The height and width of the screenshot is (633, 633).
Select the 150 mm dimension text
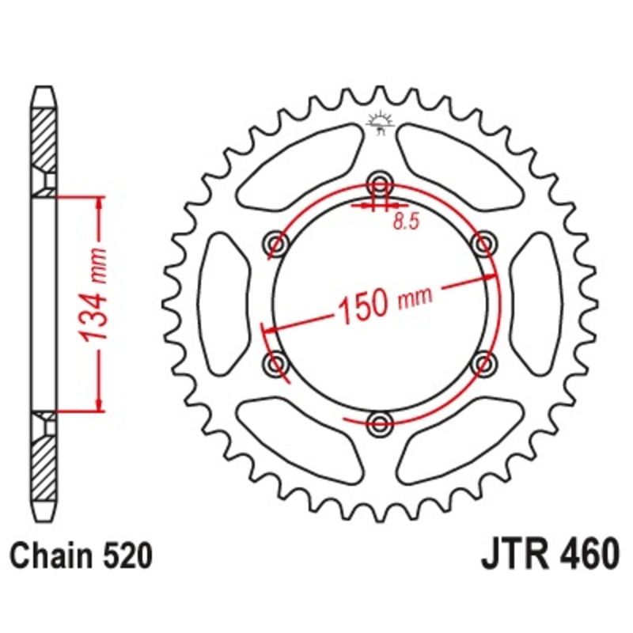(385, 302)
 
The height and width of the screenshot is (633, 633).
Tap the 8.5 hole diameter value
(404, 222)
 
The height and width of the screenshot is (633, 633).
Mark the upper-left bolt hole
(276, 243)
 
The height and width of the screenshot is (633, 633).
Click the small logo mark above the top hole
(381, 122)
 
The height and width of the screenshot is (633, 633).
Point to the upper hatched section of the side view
(44, 138)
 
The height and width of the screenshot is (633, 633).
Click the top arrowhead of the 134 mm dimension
(100, 203)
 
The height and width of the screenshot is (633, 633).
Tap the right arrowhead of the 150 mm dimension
(490, 278)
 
